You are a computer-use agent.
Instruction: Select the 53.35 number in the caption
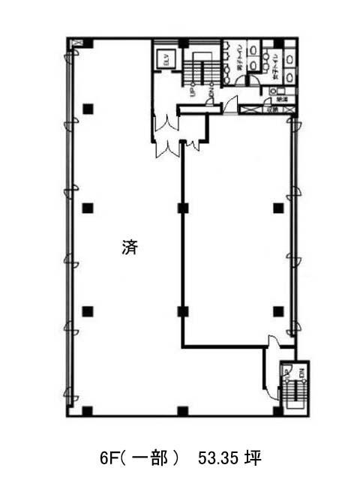click(x=217, y=457)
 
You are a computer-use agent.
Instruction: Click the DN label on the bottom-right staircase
click(x=301, y=372)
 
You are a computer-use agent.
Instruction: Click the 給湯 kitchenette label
click(x=283, y=99)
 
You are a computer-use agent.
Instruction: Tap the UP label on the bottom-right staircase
click(x=286, y=372)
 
